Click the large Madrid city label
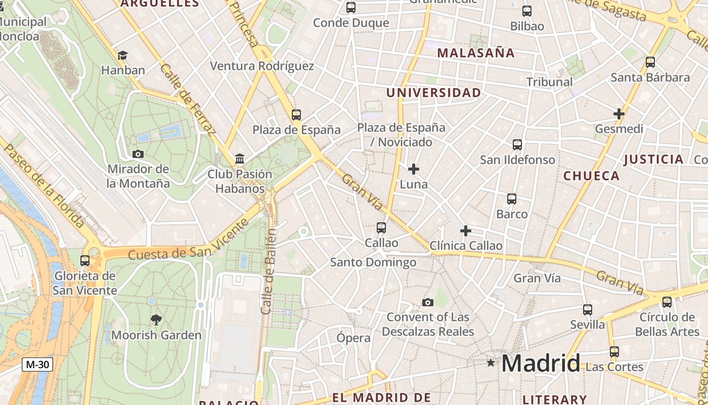pos(541,363)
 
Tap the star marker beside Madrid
pos(491,362)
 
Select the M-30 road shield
pos(37,364)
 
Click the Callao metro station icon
pos(381,228)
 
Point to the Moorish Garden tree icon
pos(156,319)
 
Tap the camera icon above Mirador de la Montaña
pos(138,154)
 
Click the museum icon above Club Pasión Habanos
pos(240,159)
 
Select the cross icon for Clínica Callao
pos(466,231)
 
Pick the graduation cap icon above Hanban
pos(122,55)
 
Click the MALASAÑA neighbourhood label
pos(476,53)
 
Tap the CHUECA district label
pos(591,176)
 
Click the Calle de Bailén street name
pos(269,271)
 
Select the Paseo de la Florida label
pos(43,185)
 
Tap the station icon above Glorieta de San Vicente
pos(85,261)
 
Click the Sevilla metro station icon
pos(587,309)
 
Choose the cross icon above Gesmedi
pos(618,114)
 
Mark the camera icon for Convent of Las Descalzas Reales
pos(428,302)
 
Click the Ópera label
pos(353,338)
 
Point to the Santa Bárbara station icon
pos(650,62)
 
